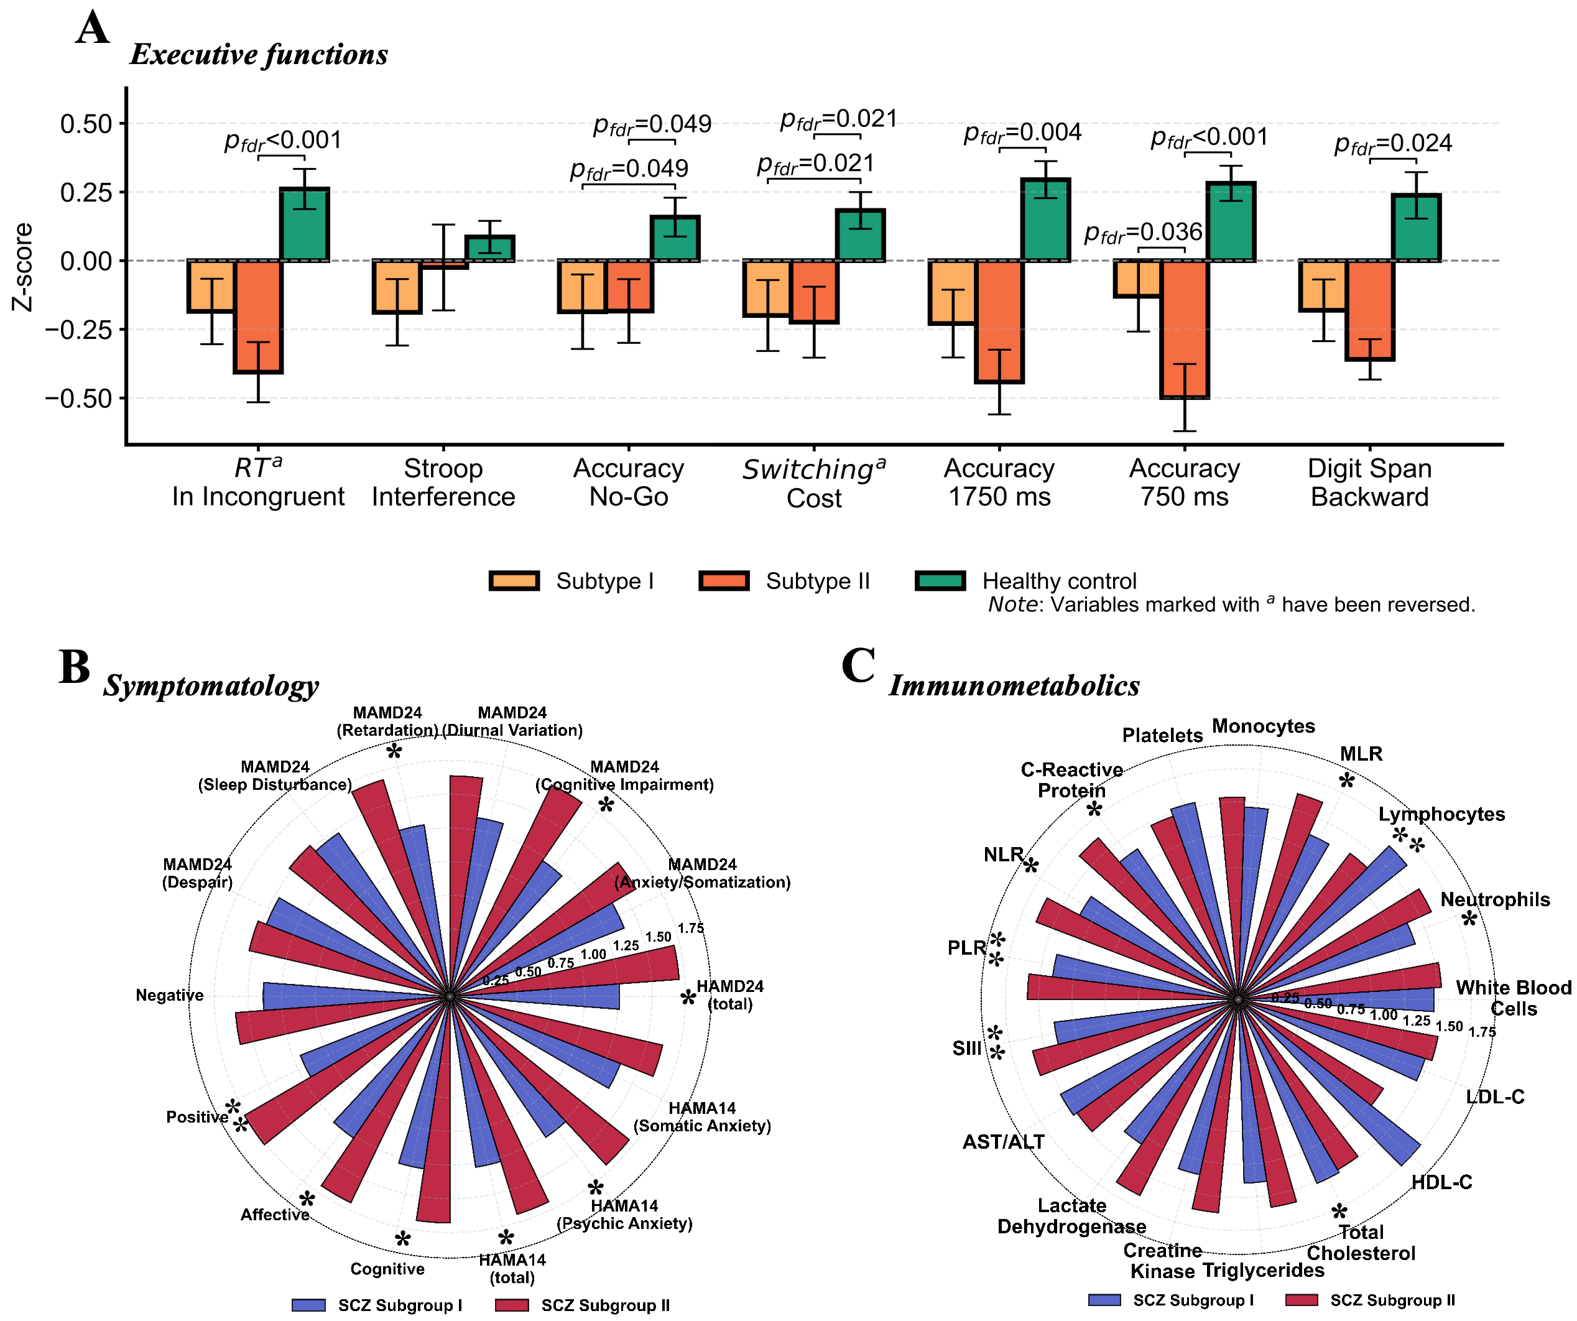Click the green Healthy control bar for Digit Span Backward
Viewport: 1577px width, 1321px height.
(1417, 228)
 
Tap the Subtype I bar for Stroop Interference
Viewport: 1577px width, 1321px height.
(397, 286)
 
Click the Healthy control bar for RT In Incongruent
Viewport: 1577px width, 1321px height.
(304, 225)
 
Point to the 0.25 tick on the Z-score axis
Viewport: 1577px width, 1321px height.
(122, 192)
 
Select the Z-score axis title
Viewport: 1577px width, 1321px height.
(23, 267)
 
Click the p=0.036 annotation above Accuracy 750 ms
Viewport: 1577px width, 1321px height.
(1143, 233)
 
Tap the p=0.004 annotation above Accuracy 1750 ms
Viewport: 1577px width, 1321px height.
(1023, 134)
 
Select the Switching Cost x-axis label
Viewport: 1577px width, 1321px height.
(814, 483)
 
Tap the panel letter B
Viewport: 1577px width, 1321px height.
(75, 667)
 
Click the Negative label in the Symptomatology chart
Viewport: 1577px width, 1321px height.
(170, 995)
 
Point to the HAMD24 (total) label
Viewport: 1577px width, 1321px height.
(730, 995)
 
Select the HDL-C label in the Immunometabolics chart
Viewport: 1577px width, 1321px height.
(1442, 1182)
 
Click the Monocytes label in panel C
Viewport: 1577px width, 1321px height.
(1264, 726)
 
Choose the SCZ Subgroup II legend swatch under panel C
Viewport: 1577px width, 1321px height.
(1302, 1300)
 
